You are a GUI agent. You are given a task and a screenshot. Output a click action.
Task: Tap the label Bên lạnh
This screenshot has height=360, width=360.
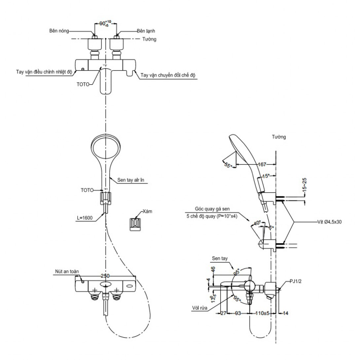pos(146,31)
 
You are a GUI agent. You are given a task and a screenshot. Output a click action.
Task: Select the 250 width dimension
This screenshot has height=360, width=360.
pos(105,275)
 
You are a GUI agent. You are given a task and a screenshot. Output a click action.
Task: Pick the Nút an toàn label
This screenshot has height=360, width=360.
pos(67,271)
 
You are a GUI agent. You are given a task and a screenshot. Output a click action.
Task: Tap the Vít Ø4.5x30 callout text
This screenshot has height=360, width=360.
pos(330,222)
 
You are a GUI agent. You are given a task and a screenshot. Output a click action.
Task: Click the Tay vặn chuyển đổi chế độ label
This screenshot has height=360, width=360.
pos(167,75)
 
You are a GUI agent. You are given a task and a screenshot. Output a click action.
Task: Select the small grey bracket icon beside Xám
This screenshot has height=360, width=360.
pos(135,224)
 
